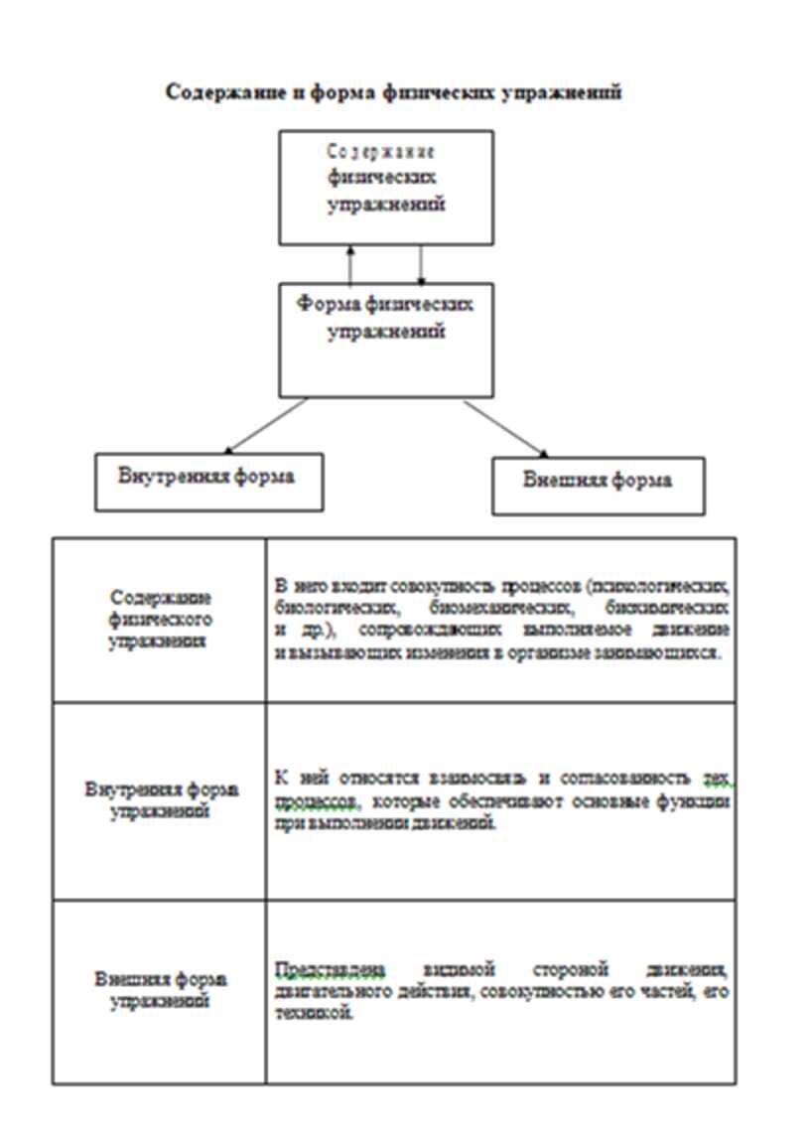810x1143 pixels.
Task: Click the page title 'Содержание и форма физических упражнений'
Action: [393, 92]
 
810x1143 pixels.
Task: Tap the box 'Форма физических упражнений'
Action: [386, 339]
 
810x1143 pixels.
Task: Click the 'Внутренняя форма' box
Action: [207, 481]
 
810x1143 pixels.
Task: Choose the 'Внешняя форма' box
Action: [598, 485]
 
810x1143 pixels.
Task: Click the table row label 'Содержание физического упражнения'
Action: [160, 620]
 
